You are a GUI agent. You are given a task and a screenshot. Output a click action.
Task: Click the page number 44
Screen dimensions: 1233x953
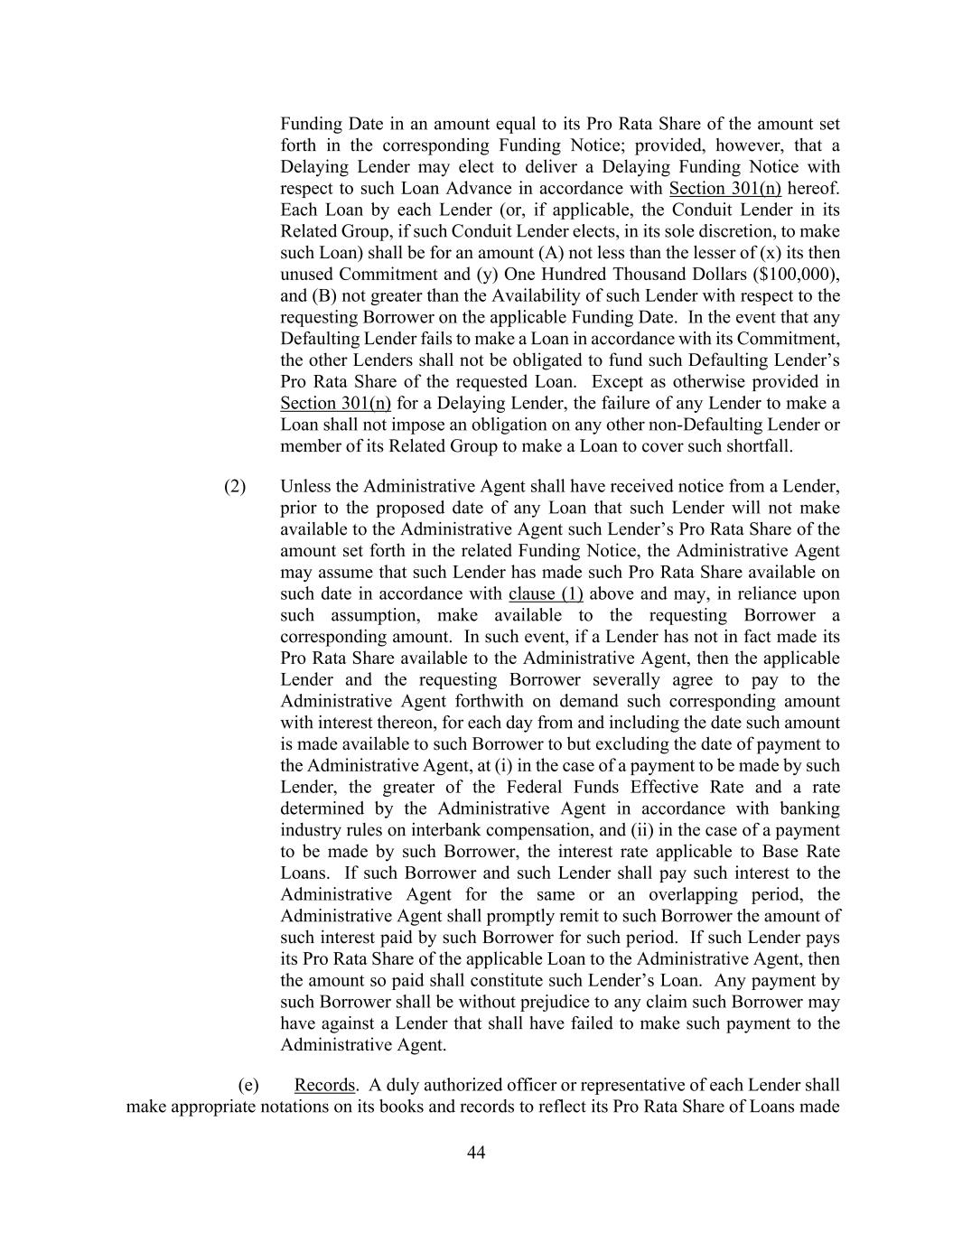pos(476,1153)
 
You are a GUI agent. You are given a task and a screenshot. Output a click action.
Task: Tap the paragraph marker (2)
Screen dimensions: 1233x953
pos(235,486)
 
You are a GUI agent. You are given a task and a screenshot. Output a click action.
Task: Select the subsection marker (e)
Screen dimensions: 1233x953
pos(248,1085)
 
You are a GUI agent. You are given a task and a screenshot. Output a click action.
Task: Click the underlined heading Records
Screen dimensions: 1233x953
pos(324,1085)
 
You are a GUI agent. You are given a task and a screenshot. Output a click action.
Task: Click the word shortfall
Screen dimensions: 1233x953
pos(760,446)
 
